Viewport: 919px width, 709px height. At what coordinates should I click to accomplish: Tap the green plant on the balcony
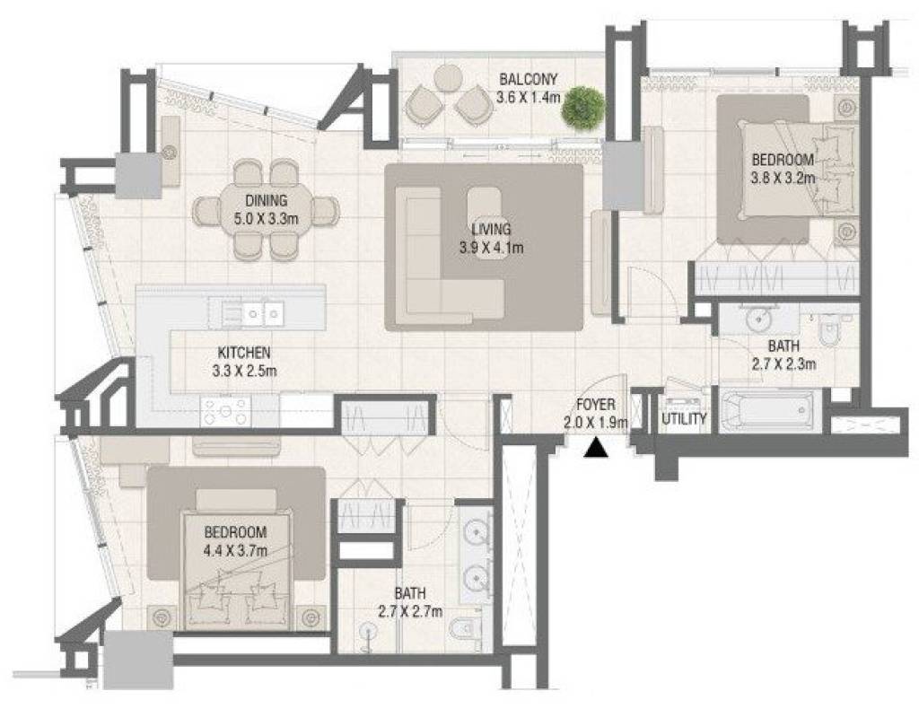click(582, 107)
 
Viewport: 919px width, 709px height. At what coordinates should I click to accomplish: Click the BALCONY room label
click(528, 78)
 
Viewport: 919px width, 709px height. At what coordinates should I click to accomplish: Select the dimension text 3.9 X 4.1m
click(491, 248)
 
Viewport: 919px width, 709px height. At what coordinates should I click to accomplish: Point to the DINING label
click(267, 200)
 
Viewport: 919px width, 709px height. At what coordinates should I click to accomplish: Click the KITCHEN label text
click(244, 353)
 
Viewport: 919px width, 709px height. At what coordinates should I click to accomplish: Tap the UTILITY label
click(684, 419)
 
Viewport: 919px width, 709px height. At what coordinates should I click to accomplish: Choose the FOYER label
click(596, 404)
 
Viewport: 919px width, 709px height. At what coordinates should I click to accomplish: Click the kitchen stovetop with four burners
click(225, 411)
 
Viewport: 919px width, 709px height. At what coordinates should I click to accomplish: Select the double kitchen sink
click(252, 313)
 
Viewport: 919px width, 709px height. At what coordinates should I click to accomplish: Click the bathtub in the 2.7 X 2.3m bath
click(767, 409)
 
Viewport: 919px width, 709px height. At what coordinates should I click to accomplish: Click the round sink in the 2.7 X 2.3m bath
click(759, 319)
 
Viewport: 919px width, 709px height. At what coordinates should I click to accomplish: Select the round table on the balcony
click(449, 78)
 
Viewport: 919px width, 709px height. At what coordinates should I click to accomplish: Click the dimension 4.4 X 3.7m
click(235, 550)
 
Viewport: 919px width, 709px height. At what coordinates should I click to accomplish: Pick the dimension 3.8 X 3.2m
click(783, 177)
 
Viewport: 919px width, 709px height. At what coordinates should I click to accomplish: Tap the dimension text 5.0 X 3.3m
click(267, 219)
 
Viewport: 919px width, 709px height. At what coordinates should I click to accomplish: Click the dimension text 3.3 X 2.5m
click(244, 371)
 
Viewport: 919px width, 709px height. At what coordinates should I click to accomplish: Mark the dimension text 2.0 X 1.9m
click(596, 422)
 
